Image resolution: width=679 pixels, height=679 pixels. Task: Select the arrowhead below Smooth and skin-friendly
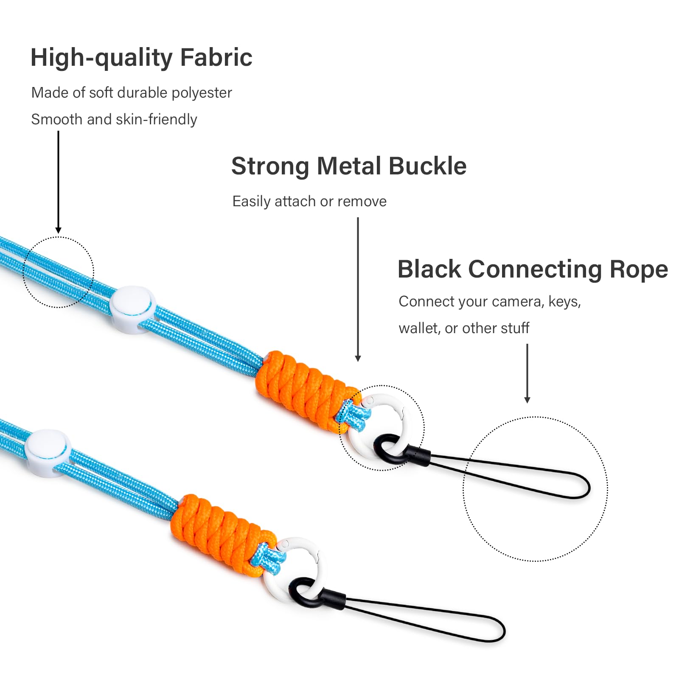(58, 230)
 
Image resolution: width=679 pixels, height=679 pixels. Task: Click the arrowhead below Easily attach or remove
(358, 358)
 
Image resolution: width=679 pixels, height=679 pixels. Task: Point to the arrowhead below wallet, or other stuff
(527, 400)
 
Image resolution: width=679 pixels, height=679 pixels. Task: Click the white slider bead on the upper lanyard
(132, 309)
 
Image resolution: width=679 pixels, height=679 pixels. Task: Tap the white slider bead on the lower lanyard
(48, 453)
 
